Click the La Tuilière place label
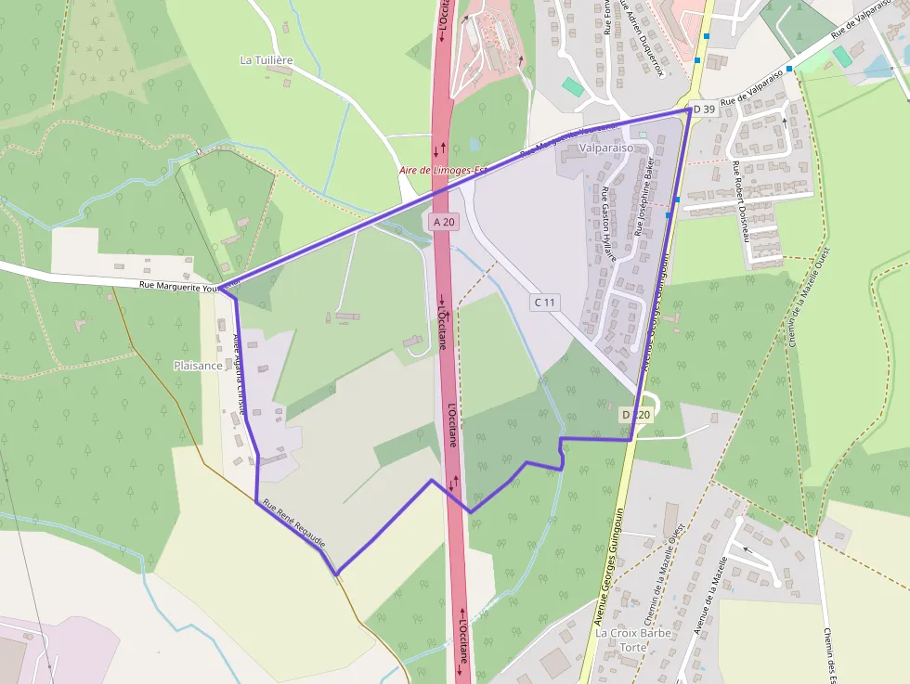pos(266,60)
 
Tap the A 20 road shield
pos(443,222)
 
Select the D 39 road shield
pos(705,110)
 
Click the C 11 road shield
pos(545,302)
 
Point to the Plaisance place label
pos(198,366)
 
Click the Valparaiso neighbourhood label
pos(605,148)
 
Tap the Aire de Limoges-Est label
pos(443,170)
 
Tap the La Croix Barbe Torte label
pos(632,639)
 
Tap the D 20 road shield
pos(638,414)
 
